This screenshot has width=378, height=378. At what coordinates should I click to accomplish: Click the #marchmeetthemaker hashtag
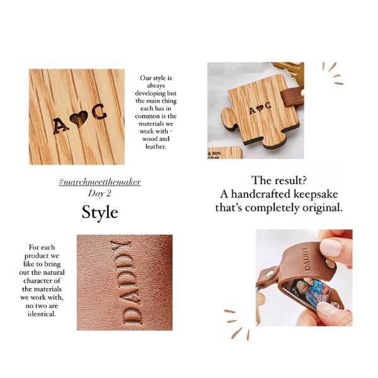pyautogui.click(x=100, y=182)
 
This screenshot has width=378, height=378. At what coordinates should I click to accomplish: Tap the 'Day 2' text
pyautogui.click(x=100, y=193)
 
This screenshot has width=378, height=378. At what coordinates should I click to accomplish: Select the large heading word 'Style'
pyautogui.click(x=100, y=212)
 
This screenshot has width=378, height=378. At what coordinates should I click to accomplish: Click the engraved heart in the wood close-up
pyautogui.click(x=79, y=118)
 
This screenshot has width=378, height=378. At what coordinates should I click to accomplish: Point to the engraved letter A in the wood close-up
pyautogui.click(x=60, y=125)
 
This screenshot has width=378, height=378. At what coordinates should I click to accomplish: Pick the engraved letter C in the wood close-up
pyautogui.click(x=99, y=112)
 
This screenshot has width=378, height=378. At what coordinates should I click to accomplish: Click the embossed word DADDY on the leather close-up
pyautogui.click(x=125, y=282)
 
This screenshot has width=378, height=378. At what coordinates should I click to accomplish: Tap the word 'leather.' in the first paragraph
pyautogui.click(x=156, y=146)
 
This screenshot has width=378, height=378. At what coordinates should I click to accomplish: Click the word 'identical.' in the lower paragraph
pyautogui.click(x=42, y=314)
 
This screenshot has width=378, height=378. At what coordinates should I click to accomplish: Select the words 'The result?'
pyautogui.click(x=279, y=180)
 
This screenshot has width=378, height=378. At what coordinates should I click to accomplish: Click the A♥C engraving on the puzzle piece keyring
pyautogui.click(x=260, y=108)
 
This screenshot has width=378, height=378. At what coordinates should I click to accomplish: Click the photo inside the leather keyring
pyautogui.click(x=306, y=292)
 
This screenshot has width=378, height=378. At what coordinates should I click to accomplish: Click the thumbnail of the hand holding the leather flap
pyautogui.click(x=304, y=278)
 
